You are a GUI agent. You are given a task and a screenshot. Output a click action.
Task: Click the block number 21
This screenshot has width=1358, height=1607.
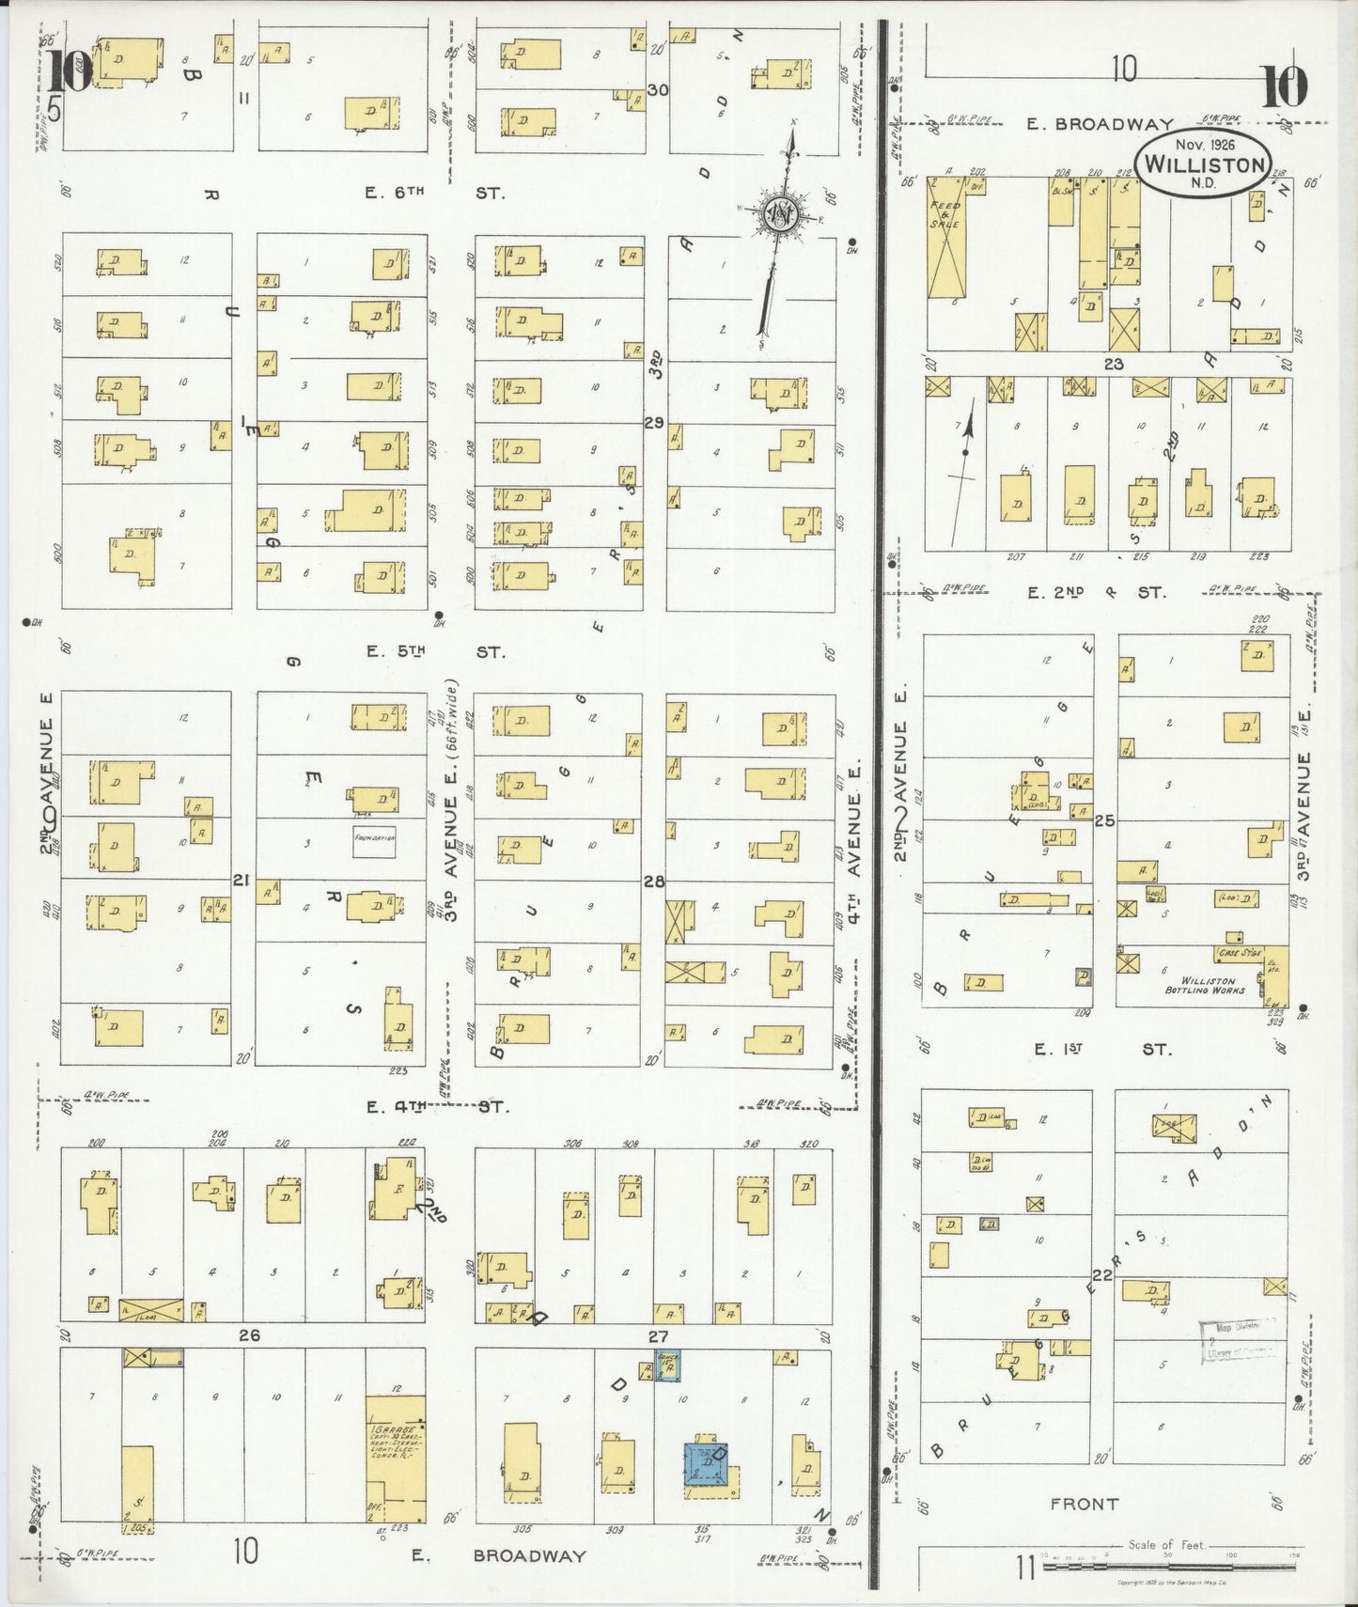point(242,881)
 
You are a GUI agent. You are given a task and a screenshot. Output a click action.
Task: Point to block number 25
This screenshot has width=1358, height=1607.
point(1104,820)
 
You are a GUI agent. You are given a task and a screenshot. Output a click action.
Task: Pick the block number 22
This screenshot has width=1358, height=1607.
point(1102,1275)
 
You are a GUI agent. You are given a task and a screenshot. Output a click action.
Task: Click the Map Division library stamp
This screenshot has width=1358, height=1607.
point(1236,1341)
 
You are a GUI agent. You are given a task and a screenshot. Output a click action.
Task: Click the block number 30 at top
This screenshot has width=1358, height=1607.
point(658,90)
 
